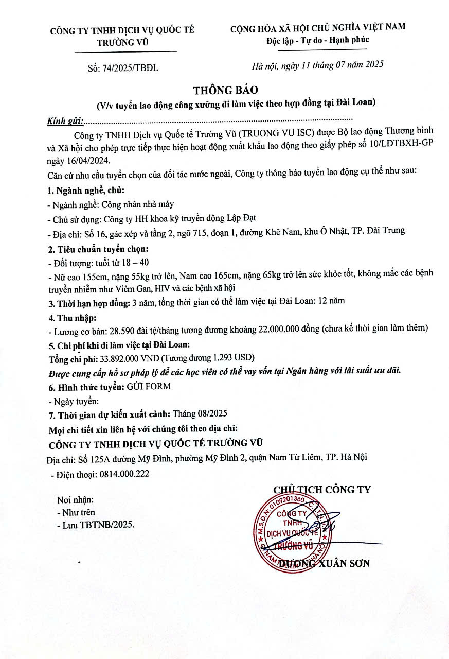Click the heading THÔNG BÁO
coord(225,90)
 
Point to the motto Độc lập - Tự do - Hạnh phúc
coord(317,40)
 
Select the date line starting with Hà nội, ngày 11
coord(317,65)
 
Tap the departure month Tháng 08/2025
coord(200,413)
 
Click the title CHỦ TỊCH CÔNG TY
coord(322,489)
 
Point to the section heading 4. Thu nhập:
coord(71,315)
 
